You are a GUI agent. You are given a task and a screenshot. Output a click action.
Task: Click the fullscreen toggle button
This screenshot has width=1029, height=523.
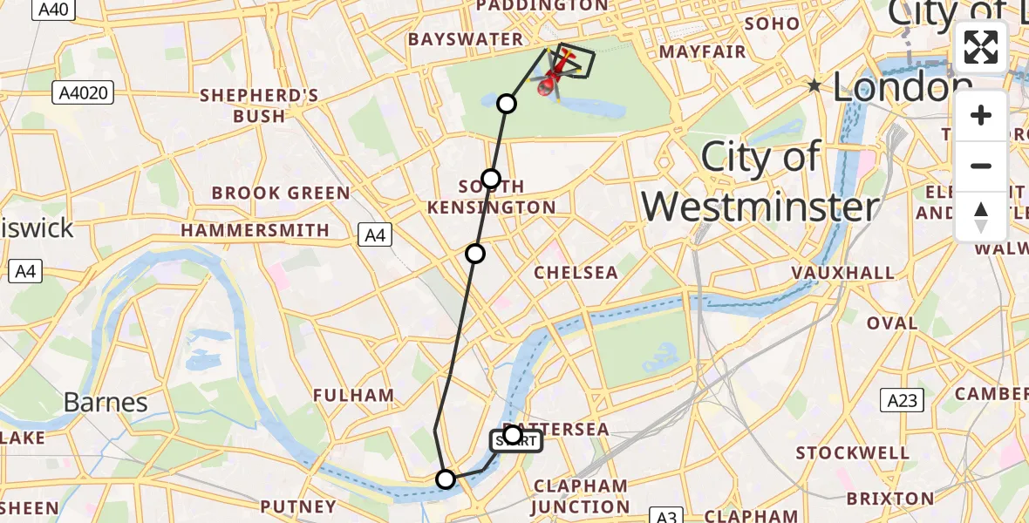981,47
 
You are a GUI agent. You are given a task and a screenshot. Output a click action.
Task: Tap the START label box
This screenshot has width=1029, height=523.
516,442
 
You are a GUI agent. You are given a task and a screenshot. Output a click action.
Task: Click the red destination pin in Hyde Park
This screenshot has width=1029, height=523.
549,85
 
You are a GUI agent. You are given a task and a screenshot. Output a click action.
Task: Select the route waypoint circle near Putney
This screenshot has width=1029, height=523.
446,479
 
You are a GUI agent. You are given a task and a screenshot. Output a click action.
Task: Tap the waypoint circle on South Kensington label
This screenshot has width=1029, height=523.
491,179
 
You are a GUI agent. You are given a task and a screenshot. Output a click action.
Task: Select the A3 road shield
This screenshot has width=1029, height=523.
667,516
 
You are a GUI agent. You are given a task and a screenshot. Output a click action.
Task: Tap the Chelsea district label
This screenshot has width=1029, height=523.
576,273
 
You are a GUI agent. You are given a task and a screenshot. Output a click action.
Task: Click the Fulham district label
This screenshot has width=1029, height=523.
354,395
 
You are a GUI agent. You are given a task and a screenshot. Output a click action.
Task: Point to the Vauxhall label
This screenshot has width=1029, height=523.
842,273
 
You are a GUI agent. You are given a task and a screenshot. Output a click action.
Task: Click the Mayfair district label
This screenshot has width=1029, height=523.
702,52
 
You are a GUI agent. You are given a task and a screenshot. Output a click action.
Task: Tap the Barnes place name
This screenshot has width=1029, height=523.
105,402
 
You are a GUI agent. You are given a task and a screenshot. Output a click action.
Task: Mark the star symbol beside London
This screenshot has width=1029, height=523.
814,85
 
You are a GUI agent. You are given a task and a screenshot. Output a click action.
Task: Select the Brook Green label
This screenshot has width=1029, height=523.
281,193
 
